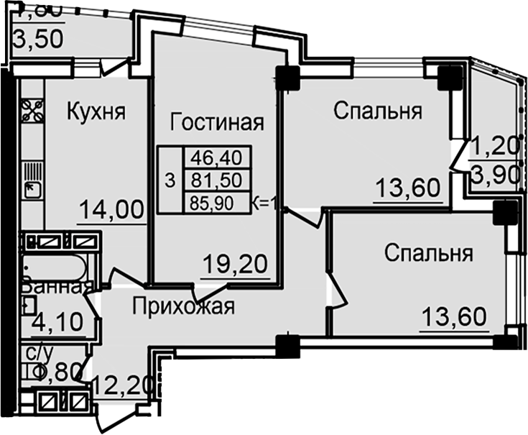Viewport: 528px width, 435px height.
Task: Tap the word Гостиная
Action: [x=216, y=122]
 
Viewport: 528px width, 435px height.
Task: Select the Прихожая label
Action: [x=184, y=308]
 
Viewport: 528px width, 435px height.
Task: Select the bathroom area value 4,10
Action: [x=58, y=319]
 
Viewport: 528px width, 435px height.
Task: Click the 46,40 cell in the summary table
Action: [x=216, y=156]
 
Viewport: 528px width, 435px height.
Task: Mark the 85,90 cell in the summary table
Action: [x=216, y=203]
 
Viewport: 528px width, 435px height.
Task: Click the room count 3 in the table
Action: [x=170, y=180]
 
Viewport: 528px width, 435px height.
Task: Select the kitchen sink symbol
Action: [x=31, y=191]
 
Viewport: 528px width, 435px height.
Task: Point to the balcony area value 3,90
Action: [x=494, y=174]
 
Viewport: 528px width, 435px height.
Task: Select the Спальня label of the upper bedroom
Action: [x=377, y=112]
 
